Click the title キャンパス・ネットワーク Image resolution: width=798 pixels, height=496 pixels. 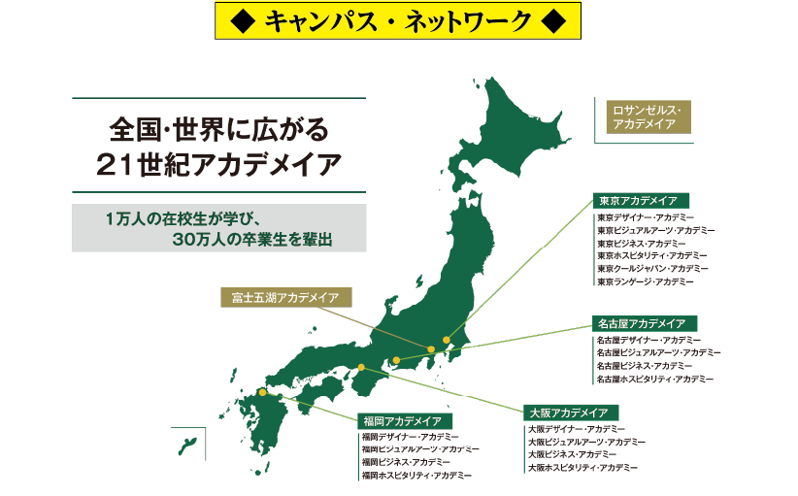coord(398,19)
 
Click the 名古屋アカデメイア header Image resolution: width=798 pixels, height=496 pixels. coord(644,323)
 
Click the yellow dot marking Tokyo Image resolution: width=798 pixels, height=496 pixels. coord(447,341)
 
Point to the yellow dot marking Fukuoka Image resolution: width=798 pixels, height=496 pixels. coord(262,393)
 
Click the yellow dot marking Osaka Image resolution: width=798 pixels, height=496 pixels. coord(361,367)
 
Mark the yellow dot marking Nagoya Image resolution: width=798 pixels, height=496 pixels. coord(396,361)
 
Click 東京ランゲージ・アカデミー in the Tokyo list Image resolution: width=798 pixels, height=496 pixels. coord(646,281)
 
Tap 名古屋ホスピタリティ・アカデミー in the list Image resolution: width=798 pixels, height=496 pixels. coord(655,379)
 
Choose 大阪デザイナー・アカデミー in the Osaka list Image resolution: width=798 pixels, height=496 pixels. coord(577,429)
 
